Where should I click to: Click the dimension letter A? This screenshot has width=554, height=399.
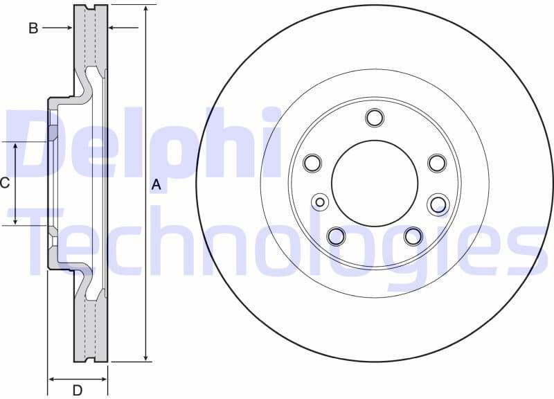[x=156, y=184]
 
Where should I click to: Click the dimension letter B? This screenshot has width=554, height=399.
[x=33, y=28]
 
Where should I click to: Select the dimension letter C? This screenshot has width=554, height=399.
[x=4, y=183]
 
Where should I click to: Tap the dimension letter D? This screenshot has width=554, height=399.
[x=78, y=390]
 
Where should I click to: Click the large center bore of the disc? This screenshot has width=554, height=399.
[x=375, y=184]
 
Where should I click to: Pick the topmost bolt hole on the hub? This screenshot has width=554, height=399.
[x=375, y=118]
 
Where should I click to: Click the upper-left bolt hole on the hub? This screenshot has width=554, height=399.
[x=313, y=163]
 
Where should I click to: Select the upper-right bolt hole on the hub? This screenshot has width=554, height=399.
[x=436, y=163]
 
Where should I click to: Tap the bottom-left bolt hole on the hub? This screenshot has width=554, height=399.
[x=336, y=236]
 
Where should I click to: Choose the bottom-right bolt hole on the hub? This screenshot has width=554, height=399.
[x=413, y=236]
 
